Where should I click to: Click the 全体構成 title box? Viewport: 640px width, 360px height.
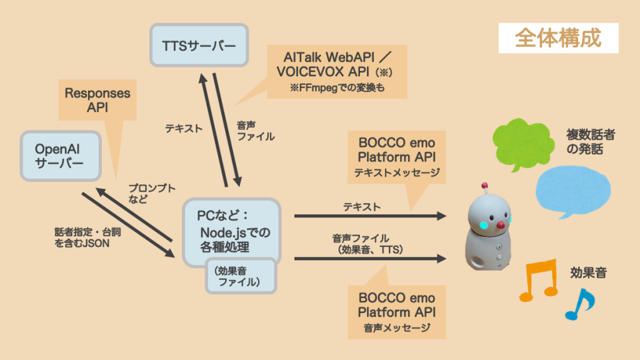coord(558,38)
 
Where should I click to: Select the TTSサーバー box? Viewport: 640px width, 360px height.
coord(199,45)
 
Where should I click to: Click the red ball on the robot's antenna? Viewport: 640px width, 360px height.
coord(483,186)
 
